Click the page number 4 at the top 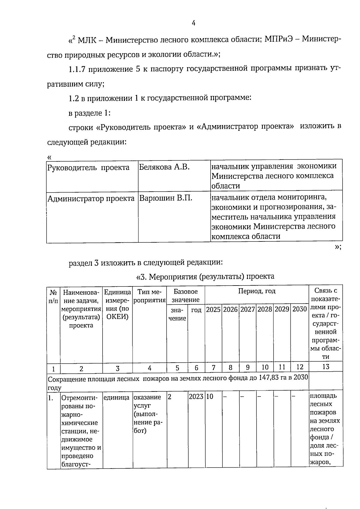point(193,23)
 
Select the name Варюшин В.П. point(165,198)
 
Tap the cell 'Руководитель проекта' point(88,167)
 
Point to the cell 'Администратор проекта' point(91,199)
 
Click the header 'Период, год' point(257,291)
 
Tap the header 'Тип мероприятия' point(149,296)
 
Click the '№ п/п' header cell point(53,296)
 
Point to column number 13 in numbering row point(325,367)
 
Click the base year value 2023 point(196,397)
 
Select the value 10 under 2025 point(210,397)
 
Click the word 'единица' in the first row point(117,397)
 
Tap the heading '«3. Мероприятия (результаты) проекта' point(205,276)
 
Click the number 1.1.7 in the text point(77,70)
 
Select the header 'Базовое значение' point(186,295)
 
